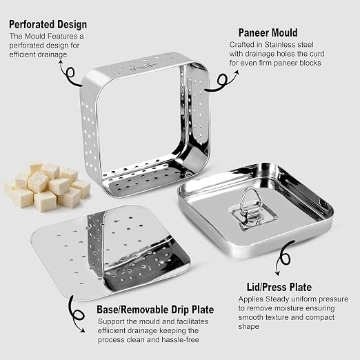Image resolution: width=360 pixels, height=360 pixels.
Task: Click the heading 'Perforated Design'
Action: pos(48,24)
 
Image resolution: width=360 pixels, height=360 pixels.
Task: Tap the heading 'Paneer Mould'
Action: pos(268,32)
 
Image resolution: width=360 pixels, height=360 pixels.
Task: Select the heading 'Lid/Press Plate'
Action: pos(279,287)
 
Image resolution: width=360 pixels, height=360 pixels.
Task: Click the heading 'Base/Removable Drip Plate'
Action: pos(155,310)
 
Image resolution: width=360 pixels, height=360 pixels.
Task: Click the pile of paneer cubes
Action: pos(47,186)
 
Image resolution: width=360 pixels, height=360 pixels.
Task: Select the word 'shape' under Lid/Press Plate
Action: pos(248,327)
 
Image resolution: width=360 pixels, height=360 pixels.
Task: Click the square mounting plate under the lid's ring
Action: pos(254,217)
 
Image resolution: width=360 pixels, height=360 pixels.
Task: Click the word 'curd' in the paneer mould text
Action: pos(316,54)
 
